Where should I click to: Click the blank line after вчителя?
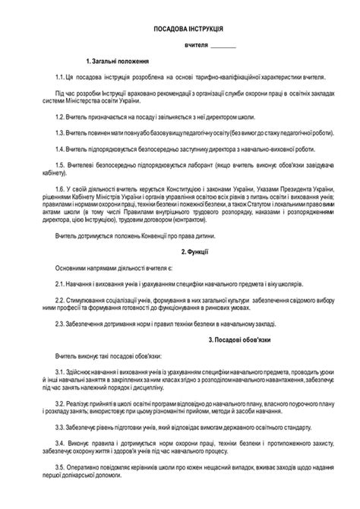tap(223, 46)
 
